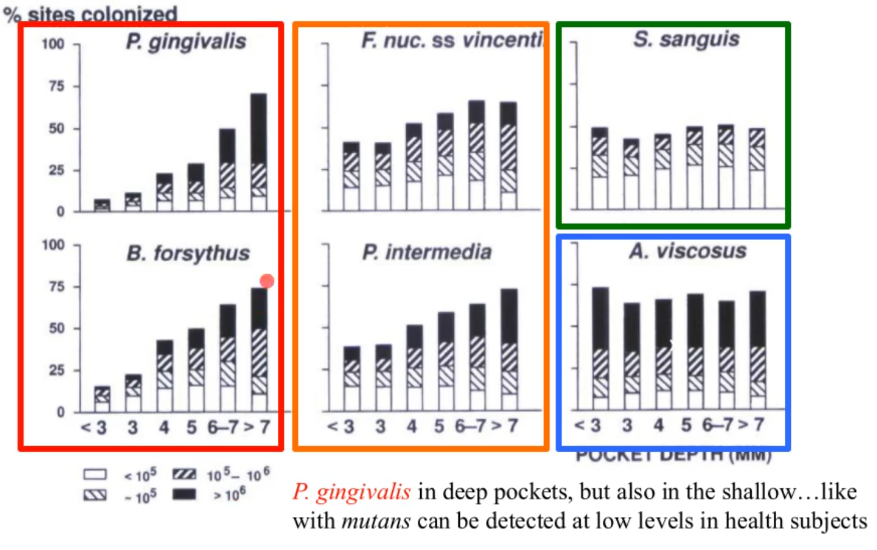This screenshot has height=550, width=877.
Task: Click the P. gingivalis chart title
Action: click(186, 42)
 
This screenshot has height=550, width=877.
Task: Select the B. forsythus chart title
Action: click(188, 253)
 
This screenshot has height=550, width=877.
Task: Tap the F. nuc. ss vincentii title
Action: click(452, 40)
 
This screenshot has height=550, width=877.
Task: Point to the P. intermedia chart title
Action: click(426, 252)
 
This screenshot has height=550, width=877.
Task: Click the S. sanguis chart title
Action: click(686, 39)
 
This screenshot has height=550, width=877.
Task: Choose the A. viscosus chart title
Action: click(688, 251)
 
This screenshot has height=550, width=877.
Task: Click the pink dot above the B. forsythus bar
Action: click(267, 281)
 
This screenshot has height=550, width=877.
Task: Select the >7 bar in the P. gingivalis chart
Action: click(259, 153)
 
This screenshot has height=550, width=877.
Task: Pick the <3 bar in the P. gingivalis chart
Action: click(102, 205)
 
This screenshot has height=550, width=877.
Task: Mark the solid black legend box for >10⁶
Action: click(184, 494)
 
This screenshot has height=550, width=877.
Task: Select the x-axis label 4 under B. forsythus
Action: click(164, 427)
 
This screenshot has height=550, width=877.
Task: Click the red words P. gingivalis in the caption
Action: click(352, 492)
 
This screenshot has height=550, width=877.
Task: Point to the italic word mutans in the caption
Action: click(376, 521)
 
